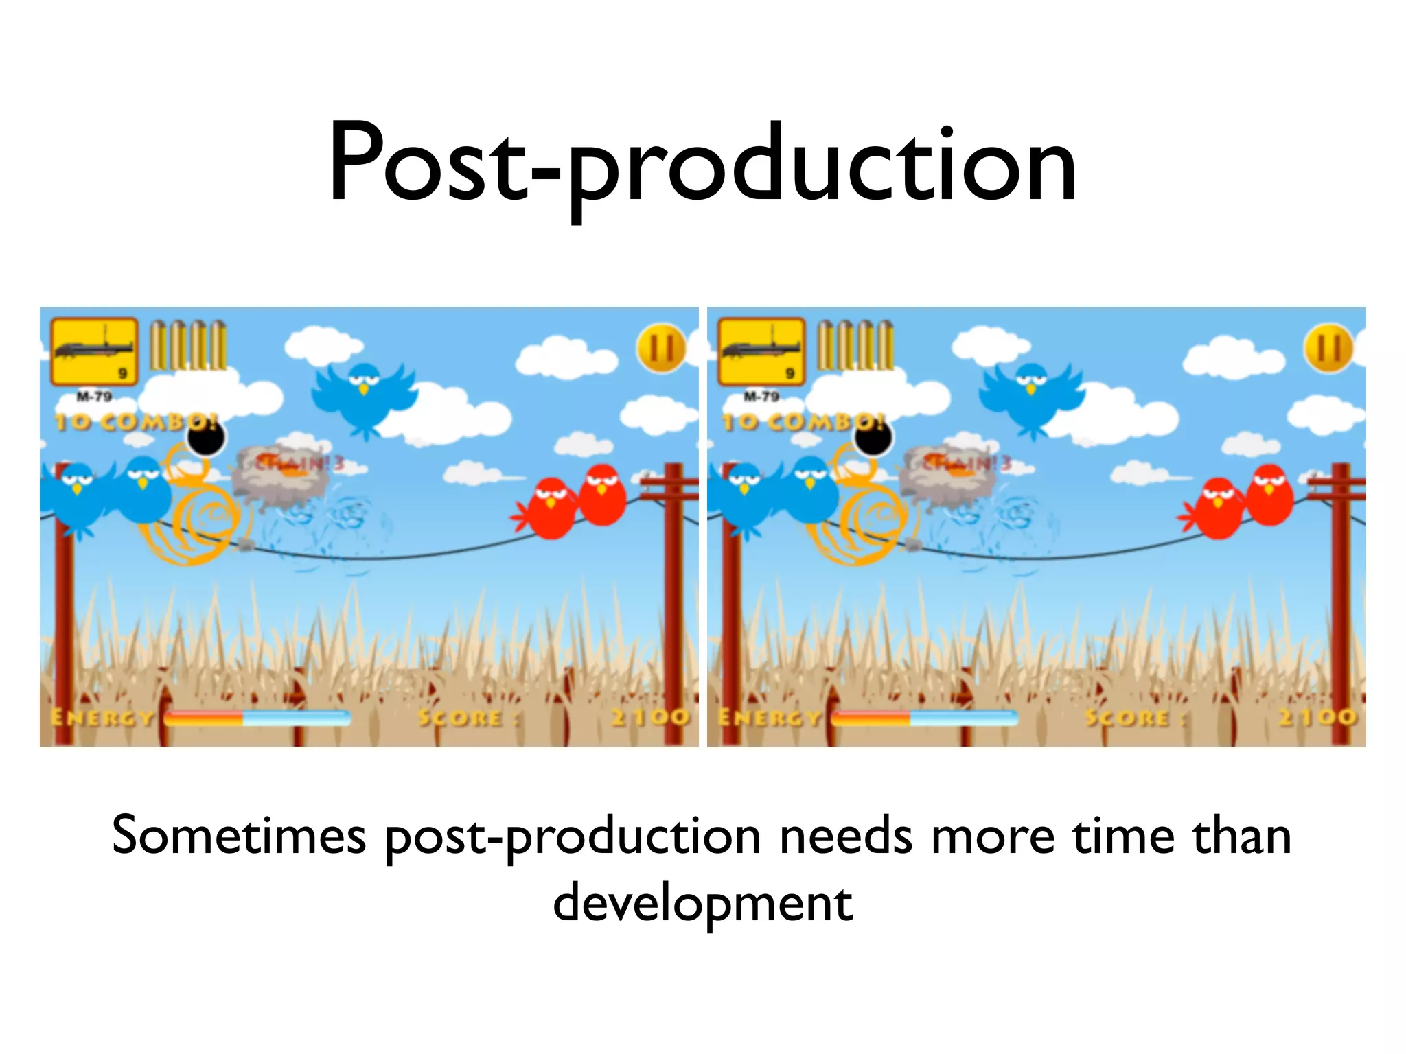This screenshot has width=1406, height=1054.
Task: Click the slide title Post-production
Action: (702, 165)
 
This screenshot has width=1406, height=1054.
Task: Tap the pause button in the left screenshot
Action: (661, 349)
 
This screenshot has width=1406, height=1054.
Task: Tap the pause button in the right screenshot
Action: (1328, 349)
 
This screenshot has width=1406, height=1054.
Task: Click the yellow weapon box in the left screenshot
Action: (94, 351)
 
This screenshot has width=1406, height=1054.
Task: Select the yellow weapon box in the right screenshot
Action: (761, 351)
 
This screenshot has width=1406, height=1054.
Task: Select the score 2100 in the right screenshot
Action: (1317, 717)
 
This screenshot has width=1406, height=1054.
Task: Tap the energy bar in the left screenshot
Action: (257, 718)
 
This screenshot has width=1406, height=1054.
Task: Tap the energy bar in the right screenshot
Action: (924, 718)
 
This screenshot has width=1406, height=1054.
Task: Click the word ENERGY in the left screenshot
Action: (103, 718)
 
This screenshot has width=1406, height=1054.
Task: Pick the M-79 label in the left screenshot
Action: (94, 397)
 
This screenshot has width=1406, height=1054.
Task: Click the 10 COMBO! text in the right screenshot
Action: (803, 421)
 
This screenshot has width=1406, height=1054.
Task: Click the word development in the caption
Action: (702, 904)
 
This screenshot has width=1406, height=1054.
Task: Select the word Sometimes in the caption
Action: (239, 836)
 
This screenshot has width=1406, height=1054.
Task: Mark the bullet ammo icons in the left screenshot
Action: (188, 345)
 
